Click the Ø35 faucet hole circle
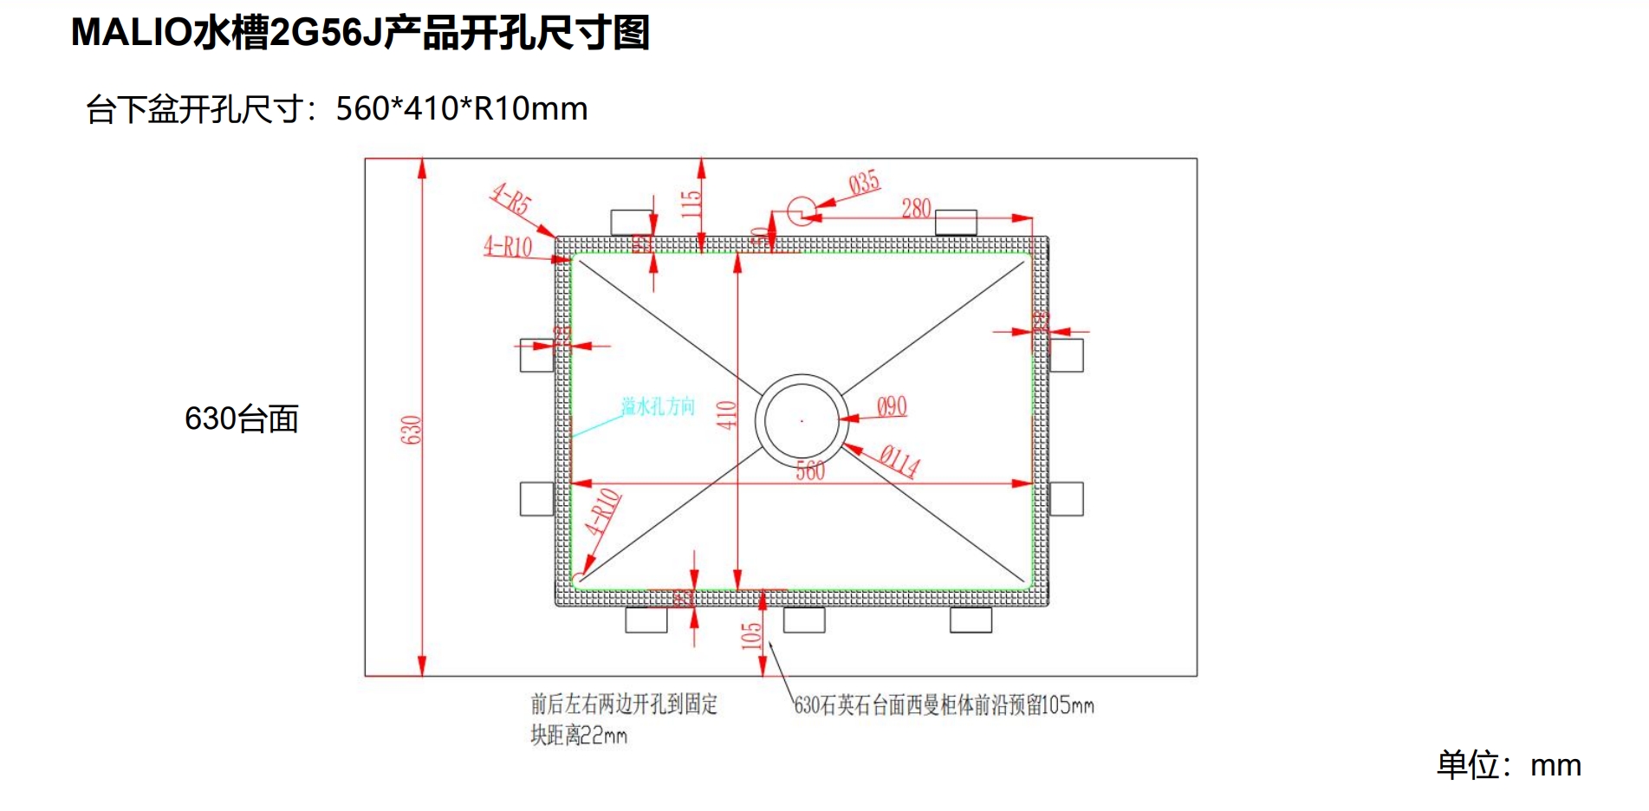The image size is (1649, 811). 802,210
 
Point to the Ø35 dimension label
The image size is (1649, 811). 864,184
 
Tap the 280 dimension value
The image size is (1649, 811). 916,209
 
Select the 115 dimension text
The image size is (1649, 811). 691,204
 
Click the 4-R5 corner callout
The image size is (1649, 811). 511,199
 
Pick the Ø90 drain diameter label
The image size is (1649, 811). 892,407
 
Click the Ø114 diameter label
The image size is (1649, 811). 899,460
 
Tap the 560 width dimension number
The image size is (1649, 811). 810,470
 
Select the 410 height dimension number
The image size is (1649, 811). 726,415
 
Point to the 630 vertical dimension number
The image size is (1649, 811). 411,430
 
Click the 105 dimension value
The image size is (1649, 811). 751,635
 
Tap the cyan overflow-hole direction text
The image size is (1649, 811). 658,406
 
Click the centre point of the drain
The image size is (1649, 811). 802,421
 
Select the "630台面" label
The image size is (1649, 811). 242,419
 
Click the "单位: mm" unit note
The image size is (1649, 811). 1509,765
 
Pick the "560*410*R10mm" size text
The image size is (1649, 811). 462,109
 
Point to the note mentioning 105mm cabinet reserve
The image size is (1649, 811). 944,705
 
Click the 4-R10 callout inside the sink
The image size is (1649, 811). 603,512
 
